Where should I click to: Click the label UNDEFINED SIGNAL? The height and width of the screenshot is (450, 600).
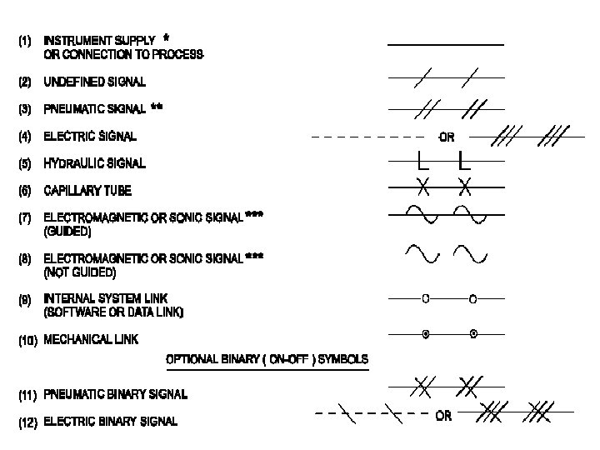tap(94, 82)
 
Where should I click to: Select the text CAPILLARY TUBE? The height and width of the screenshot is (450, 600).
tap(87, 191)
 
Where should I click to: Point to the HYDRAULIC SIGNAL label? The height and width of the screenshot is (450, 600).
tap(94, 163)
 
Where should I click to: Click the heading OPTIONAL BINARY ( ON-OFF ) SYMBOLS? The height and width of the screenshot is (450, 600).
tap(267, 359)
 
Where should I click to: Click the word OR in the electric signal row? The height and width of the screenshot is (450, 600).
tap(447, 137)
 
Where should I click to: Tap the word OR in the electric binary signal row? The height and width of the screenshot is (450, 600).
tap(443, 416)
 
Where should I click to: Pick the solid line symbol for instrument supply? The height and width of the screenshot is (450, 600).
tap(446, 43)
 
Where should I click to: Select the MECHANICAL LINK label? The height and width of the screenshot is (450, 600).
tap(91, 339)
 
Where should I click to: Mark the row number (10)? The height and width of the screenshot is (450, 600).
tap(27, 340)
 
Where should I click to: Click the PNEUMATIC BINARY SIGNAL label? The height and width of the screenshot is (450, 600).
tap(115, 392)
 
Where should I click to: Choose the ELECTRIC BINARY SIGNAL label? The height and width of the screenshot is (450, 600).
tap(110, 421)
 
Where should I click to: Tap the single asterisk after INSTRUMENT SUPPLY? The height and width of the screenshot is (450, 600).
tap(167, 38)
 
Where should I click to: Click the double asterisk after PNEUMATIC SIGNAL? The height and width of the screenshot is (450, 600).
tap(157, 107)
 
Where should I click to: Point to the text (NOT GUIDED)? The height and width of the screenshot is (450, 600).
tap(80, 272)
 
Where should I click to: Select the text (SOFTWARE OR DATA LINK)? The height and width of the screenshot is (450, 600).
tap(113, 312)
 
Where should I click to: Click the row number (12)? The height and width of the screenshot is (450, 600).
tap(28, 422)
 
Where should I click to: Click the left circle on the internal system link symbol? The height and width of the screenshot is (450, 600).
tap(425, 297)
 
